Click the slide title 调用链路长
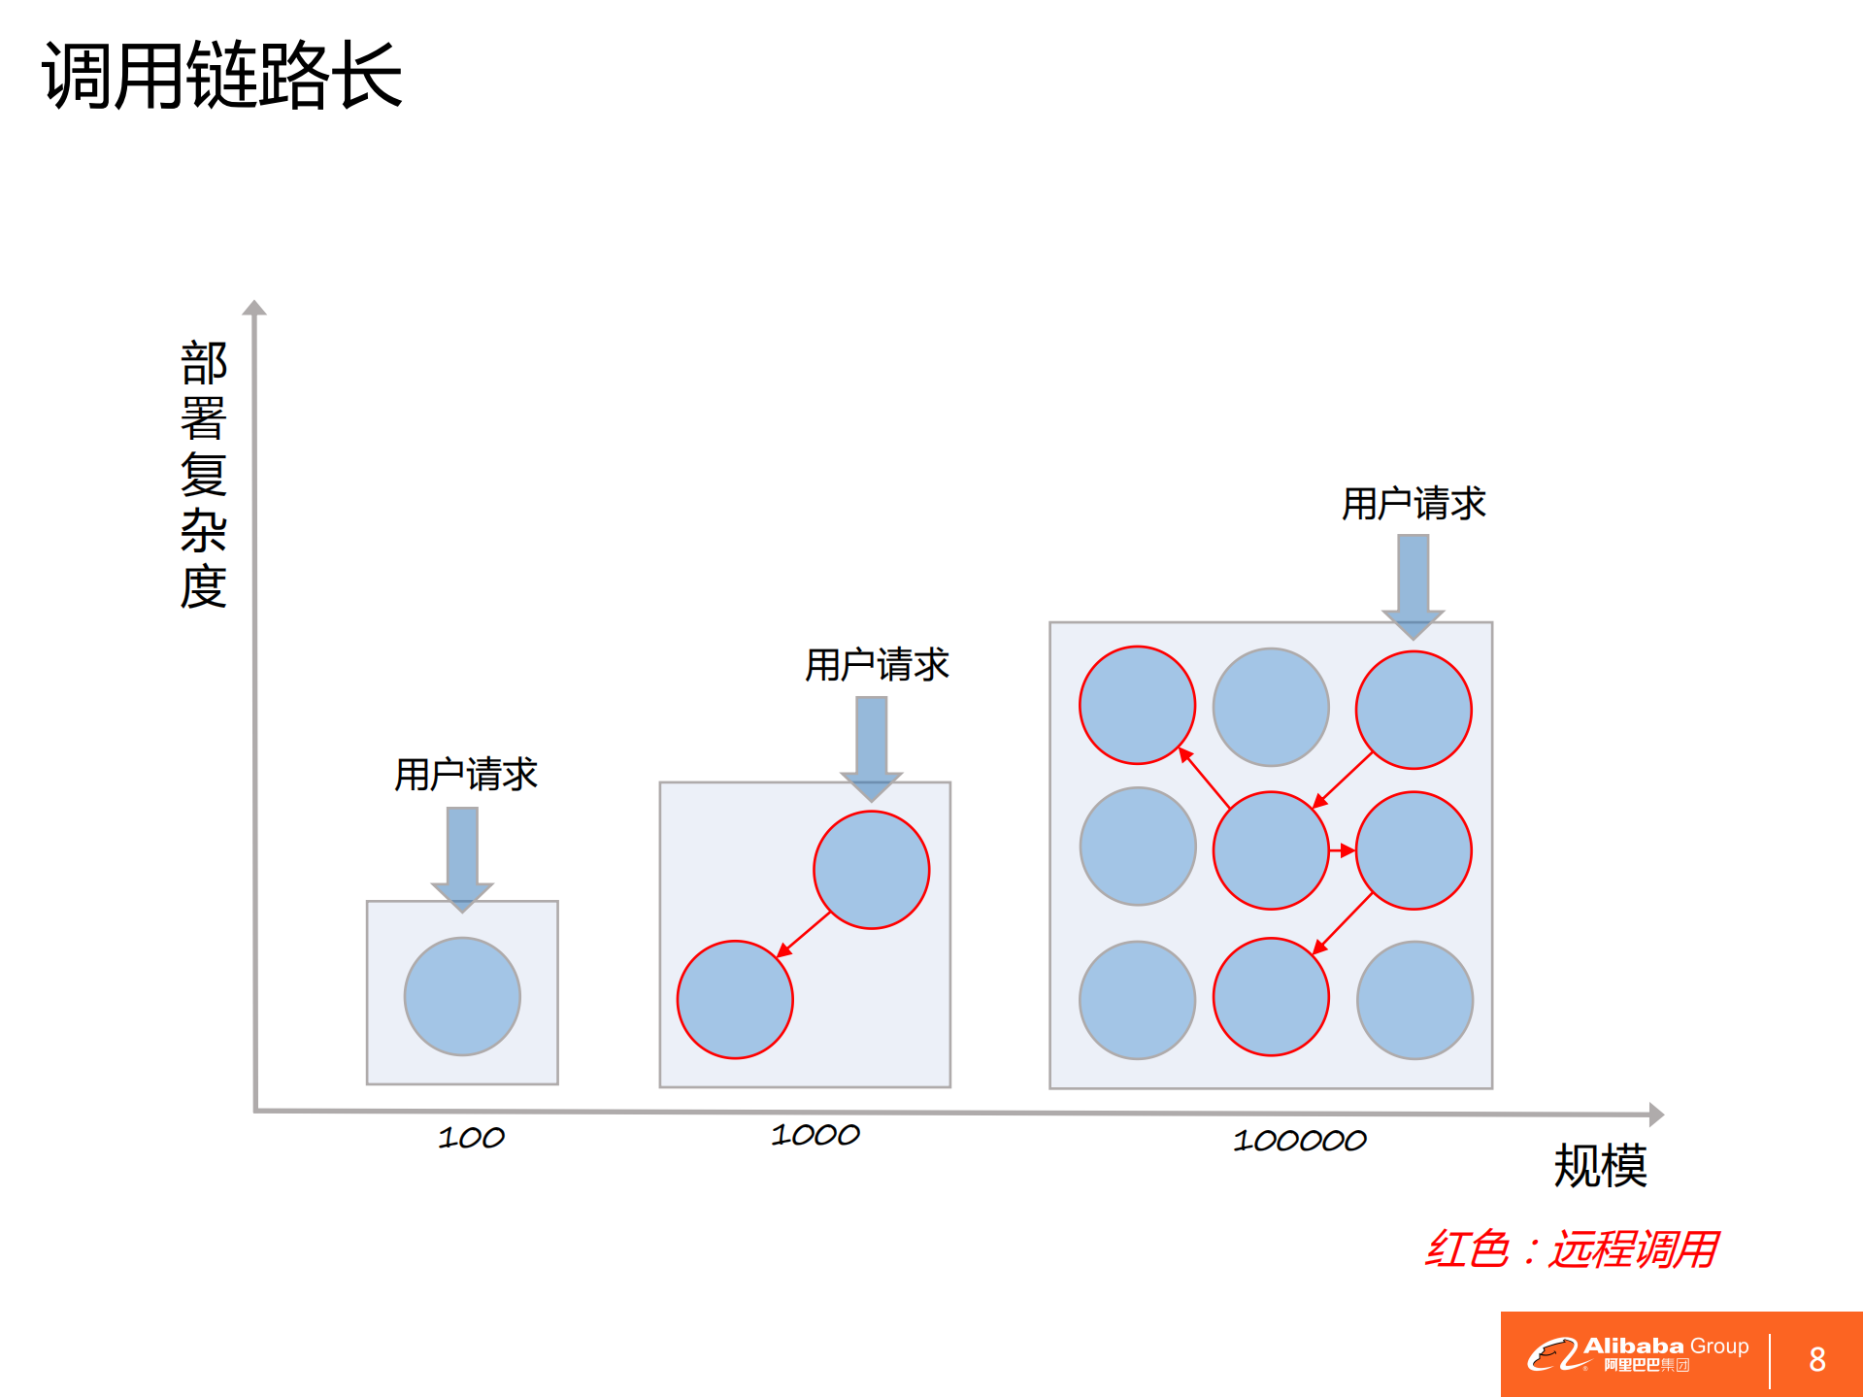(x=221, y=75)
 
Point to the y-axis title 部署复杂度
(x=204, y=475)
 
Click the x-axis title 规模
(x=1600, y=1166)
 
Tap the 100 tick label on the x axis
(x=471, y=1138)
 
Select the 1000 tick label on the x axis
(x=815, y=1135)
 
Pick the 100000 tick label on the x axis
(x=1299, y=1141)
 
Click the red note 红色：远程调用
(x=1571, y=1249)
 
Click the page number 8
(x=1817, y=1359)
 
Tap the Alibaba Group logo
(x=1638, y=1353)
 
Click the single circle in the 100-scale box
(x=462, y=996)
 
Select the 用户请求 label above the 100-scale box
(x=466, y=775)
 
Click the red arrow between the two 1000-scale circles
(x=804, y=935)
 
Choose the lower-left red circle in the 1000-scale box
(x=735, y=999)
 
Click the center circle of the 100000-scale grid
(x=1271, y=850)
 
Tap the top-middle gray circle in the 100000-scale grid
(x=1271, y=707)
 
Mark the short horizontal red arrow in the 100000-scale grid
(x=1342, y=850)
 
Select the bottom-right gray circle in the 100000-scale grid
(x=1414, y=1000)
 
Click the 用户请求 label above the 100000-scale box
(x=1414, y=504)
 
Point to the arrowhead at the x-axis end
(x=1656, y=1114)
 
